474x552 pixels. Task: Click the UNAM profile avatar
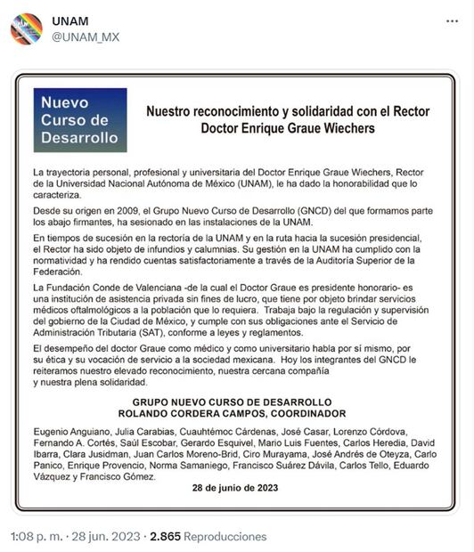click(x=26, y=28)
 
